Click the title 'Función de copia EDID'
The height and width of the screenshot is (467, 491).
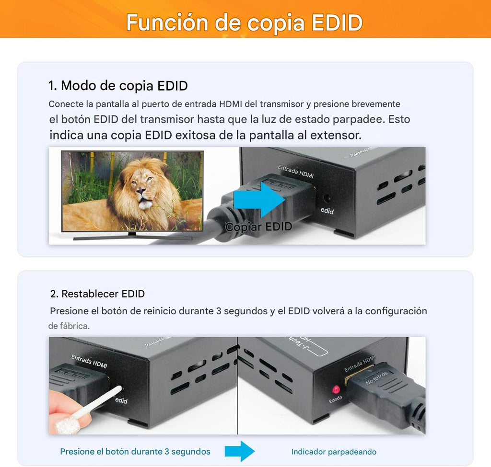(245, 23)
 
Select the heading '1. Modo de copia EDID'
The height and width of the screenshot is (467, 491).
(118, 86)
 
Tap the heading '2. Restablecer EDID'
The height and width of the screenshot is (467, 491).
(97, 294)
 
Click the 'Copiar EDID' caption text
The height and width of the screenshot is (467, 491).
(258, 227)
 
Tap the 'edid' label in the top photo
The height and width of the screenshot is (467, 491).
(327, 211)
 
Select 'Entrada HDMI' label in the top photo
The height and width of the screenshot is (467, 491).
(296, 171)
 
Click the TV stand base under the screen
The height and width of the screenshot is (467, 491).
(132, 236)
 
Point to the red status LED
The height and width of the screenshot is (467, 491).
(336, 389)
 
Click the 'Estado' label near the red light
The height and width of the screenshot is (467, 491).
(336, 399)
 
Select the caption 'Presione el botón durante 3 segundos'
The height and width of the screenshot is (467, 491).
(135, 452)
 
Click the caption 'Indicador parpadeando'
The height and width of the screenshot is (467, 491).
(334, 452)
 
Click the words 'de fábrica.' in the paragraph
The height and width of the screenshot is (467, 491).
(69, 326)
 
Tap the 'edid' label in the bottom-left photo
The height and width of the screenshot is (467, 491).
(121, 400)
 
